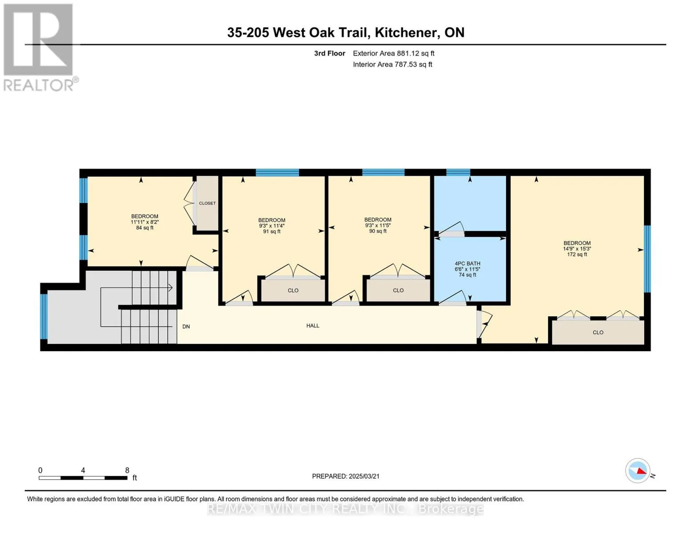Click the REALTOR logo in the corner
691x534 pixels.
click(40, 47)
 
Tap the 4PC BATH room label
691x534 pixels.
click(467, 263)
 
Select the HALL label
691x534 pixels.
click(313, 325)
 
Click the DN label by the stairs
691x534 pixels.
click(186, 326)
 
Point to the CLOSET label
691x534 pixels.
click(207, 203)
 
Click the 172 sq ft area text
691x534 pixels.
click(577, 255)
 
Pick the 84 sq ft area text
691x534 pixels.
click(145, 228)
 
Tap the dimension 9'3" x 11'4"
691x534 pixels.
click(271, 226)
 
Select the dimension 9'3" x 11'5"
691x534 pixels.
click(378, 225)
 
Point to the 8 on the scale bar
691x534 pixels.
click(127, 470)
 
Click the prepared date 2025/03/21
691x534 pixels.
click(364, 476)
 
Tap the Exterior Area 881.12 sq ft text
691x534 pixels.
click(393, 53)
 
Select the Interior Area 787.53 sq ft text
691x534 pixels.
click(392, 64)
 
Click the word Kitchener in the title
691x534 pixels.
click(405, 32)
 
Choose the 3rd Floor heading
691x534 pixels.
click(329, 53)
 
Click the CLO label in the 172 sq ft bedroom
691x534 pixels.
click(598, 332)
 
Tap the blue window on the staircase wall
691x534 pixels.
click(44, 316)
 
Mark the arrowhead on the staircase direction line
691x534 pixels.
click(170, 288)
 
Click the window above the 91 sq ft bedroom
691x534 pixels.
click(277, 172)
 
